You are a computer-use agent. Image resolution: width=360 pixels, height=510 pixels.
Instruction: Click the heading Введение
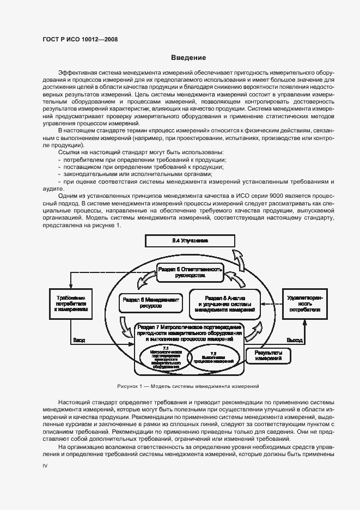(188, 57)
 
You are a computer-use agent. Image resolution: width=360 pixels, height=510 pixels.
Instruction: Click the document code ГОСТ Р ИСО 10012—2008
(80, 39)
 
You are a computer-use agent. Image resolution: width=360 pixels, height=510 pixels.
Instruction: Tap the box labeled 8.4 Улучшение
(190, 240)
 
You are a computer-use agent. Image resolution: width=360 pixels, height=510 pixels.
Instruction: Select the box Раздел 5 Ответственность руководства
(190, 272)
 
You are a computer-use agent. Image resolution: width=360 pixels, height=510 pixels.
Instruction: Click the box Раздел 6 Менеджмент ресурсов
(150, 303)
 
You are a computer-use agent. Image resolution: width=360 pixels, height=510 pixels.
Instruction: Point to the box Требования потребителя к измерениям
(71, 303)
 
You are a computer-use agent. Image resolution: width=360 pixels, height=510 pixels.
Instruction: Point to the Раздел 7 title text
(190, 332)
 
